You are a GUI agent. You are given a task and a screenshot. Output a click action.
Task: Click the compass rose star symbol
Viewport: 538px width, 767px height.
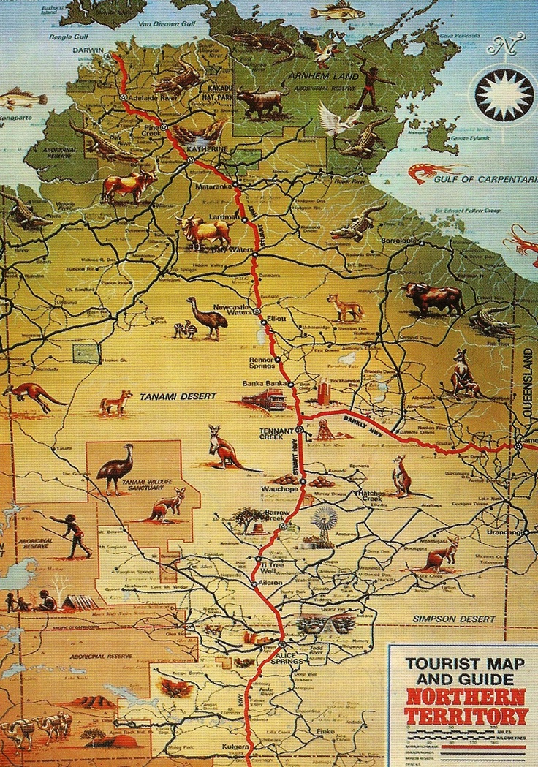pyautogui.click(x=503, y=94)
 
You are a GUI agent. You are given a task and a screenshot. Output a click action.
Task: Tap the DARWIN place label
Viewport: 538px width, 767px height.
pyautogui.click(x=89, y=50)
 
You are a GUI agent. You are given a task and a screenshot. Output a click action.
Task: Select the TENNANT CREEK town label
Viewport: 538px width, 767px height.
pyautogui.click(x=276, y=432)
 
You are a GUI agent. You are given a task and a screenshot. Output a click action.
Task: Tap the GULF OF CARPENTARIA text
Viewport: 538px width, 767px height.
pyautogui.click(x=485, y=178)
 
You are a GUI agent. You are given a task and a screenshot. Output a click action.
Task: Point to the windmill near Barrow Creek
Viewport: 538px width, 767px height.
pyautogui.click(x=322, y=525)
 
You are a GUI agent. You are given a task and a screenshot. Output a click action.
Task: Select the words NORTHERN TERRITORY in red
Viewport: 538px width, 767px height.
pyautogui.click(x=466, y=705)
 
